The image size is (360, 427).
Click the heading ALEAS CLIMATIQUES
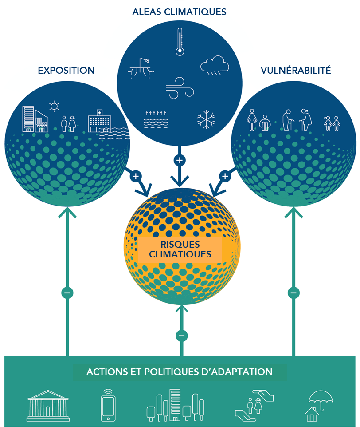(x=179, y=12)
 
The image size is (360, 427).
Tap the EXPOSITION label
(x=66, y=71)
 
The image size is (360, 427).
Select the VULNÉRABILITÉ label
(x=296, y=71)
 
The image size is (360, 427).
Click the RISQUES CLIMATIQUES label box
(x=180, y=249)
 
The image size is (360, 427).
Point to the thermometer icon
(x=180, y=42)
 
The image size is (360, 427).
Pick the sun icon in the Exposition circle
(x=54, y=106)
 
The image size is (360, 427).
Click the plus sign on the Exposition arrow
(x=136, y=176)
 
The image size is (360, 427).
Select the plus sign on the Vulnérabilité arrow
(x=225, y=176)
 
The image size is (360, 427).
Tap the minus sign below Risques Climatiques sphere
(x=181, y=336)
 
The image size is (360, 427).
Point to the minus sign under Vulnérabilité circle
(x=293, y=293)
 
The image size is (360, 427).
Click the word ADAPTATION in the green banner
(x=241, y=372)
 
